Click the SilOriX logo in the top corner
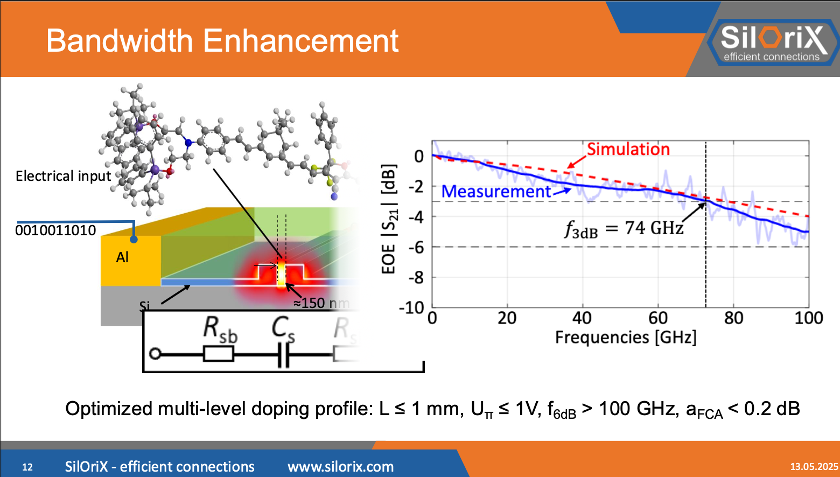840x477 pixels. [x=772, y=42]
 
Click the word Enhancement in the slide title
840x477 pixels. [x=300, y=41]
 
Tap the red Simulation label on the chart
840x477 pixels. [x=628, y=149]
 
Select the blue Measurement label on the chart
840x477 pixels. [x=496, y=192]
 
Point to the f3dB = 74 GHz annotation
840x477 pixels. [x=624, y=229]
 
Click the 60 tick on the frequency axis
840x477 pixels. [x=657, y=318]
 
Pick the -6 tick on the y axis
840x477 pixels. [x=415, y=247]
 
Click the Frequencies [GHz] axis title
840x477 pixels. [x=626, y=338]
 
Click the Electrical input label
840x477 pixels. [x=63, y=177]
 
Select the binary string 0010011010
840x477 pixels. [x=55, y=230]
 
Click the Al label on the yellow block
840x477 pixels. [x=122, y=257]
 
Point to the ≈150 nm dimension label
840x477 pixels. [x=321, y=303]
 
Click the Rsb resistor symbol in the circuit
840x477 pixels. [x=218, y=354]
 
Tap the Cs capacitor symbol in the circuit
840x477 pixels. [x=283, y=355]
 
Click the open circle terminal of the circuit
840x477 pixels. [x=155, y=354]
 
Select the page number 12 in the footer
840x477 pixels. [x=27, y=467]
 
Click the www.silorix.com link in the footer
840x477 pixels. [x=340, y=467]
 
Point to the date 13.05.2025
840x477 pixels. [x=814, y=467]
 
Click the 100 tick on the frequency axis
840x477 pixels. [x=808, y=318]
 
